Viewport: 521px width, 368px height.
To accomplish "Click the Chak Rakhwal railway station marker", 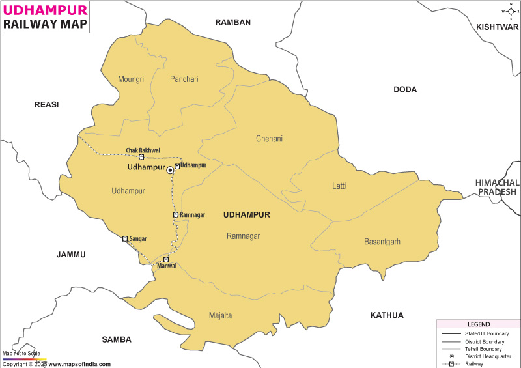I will coord(141,157).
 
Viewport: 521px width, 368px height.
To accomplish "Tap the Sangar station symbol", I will coord(125,239).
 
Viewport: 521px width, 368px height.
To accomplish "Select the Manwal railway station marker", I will coord(166,260).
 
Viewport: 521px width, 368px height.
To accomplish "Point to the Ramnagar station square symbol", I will coord(176,214).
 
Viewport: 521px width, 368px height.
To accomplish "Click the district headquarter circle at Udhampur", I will coord(170,169).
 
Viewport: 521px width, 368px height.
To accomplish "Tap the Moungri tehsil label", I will coord(130,79).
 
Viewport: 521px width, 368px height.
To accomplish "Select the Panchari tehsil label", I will coord(184,79).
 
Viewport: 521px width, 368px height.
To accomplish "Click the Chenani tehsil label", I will coord(270,139).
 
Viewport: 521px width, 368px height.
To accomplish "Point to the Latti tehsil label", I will coord(339,186).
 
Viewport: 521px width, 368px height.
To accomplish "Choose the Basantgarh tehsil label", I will coord(382,242).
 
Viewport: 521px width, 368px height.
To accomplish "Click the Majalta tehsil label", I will coord(220,316).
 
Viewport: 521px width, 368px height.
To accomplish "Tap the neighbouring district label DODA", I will coord(405,90).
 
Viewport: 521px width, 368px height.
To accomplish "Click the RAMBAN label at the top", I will coord(233,22).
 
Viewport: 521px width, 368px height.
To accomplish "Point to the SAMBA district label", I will coord(117,340).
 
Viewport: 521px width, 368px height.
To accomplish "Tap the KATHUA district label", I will coord(387,315).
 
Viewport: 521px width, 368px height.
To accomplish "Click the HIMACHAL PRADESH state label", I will coord(497,187).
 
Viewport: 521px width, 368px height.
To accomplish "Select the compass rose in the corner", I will coord(510,11).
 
